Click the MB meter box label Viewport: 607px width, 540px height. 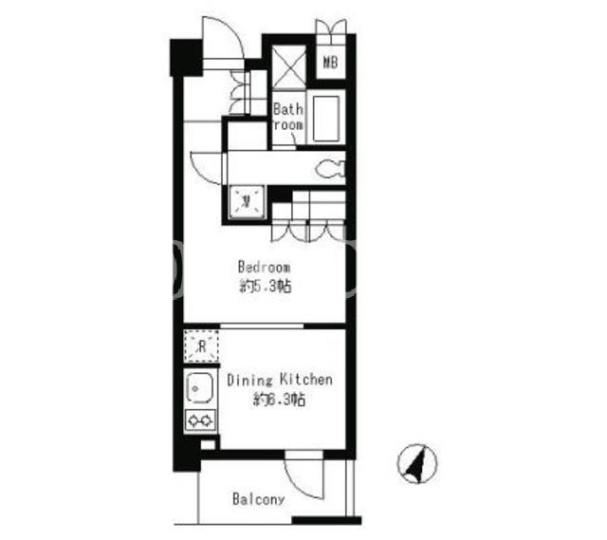(x=330, y=62)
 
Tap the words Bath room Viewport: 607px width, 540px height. (x=288, y=117)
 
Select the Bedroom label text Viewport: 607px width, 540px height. (x=264, y=267)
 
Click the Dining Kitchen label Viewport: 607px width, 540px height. (x=280, y=380)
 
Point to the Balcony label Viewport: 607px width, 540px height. (x=258, y=499)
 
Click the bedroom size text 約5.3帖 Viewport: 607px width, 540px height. (x=266, y=287)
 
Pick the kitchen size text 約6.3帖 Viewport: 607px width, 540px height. (x=279, y=399)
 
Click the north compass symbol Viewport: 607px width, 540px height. (x=417, y=463)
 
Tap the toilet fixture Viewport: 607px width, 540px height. (x=330, y=169)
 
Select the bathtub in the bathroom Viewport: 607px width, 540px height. (x=326, y=119)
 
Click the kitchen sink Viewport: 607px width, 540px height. (x=199, y=388)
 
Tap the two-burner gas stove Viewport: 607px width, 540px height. (x=200, y=419)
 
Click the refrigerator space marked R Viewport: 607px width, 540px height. (x=201, y=346)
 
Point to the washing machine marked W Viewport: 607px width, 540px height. (x=247, y=202)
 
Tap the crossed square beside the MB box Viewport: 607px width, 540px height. (x=289, y=66)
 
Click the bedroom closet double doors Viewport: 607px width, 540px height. (x=308, y=231)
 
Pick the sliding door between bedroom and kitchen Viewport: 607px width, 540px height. (x=262, y=326)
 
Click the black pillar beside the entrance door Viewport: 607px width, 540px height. (x=186, y=57)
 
